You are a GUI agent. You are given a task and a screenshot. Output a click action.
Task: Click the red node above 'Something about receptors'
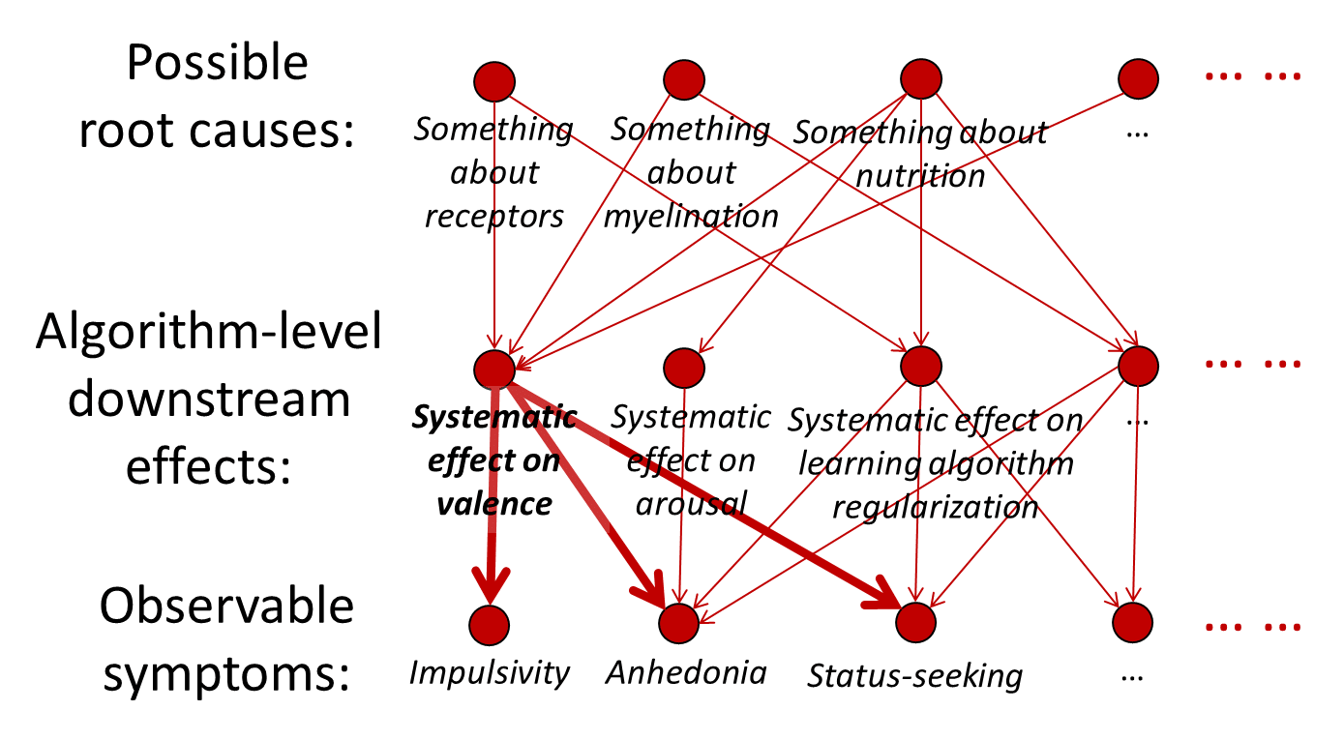point(494,80)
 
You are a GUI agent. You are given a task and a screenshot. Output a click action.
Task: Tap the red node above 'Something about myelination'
point(684,78)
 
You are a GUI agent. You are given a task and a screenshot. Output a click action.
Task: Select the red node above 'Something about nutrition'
point(921,77)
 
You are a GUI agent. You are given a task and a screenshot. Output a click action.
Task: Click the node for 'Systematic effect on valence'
point(494,368)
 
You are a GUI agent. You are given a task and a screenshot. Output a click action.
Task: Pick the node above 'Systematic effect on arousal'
point(684,368)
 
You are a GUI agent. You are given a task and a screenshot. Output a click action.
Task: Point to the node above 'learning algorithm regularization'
point(921,366)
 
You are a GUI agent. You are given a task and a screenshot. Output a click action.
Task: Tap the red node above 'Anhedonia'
point(679,623)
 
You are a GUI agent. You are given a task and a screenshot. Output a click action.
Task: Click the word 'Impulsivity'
point(490,672)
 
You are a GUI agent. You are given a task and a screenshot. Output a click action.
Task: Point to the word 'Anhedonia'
point(686,672)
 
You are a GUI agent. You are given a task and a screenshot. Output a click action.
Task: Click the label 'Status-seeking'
point(915,675)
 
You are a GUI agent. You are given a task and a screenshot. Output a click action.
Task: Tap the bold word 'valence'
point(494,503)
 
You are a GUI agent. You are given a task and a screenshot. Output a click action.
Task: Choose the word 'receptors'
point(494,215)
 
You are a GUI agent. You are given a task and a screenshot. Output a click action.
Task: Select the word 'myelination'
point(691,216)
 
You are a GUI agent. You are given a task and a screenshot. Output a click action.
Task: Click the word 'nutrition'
point(920,176)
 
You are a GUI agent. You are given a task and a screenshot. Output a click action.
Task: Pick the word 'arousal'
point(691,503)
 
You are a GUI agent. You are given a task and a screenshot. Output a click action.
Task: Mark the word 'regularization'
point(935,506)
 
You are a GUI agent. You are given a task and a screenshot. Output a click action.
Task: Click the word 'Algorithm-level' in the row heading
point(209,334)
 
